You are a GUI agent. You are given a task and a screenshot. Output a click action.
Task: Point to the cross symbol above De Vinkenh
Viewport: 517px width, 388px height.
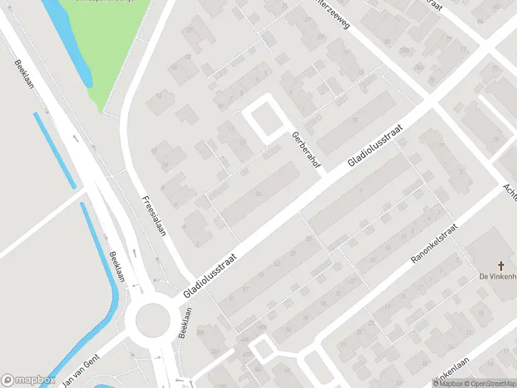(500, 266)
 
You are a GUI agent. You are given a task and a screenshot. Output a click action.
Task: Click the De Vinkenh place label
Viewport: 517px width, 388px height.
(496, 277)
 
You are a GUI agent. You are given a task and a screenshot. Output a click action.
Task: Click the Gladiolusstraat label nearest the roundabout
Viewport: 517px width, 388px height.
(210, 275)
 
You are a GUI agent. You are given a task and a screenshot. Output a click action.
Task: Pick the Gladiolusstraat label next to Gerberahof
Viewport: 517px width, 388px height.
(375, 145)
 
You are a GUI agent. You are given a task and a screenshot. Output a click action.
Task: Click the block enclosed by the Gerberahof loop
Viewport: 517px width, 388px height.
(266, 120)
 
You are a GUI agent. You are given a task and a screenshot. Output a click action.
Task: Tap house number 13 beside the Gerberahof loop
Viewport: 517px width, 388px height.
(242, 143)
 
